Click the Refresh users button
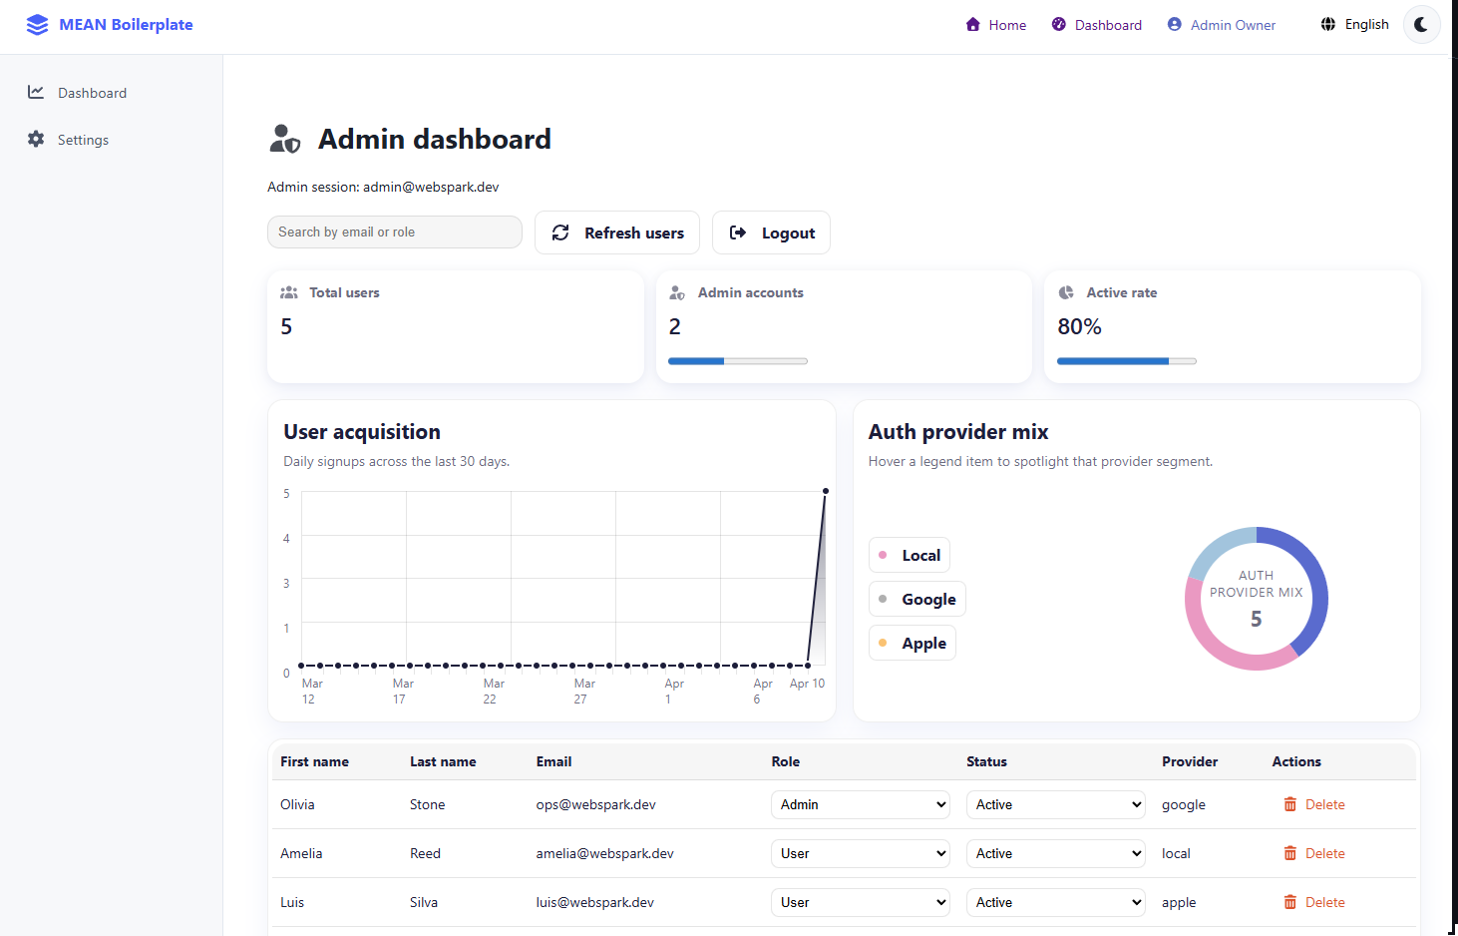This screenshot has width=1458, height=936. point(617,233)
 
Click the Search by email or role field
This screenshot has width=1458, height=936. point(394,232)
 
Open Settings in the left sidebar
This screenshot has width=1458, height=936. point(83,140)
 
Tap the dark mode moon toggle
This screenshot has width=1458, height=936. point(1421,25)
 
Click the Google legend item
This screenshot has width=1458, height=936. point(917,599)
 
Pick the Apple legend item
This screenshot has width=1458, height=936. point(912,643)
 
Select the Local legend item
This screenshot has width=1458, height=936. point(910,555)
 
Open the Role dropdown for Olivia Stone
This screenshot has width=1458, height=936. point(860,804)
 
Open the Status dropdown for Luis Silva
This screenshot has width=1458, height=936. point(1055,902)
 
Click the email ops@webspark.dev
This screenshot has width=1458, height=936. point(595,804)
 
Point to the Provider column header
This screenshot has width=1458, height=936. point(1189,761)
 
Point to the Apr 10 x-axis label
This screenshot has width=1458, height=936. point(807,684)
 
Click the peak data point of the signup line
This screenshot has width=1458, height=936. point(826,491)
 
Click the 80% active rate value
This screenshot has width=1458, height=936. point(1079,326)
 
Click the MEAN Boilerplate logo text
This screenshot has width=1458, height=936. point(126,25)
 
